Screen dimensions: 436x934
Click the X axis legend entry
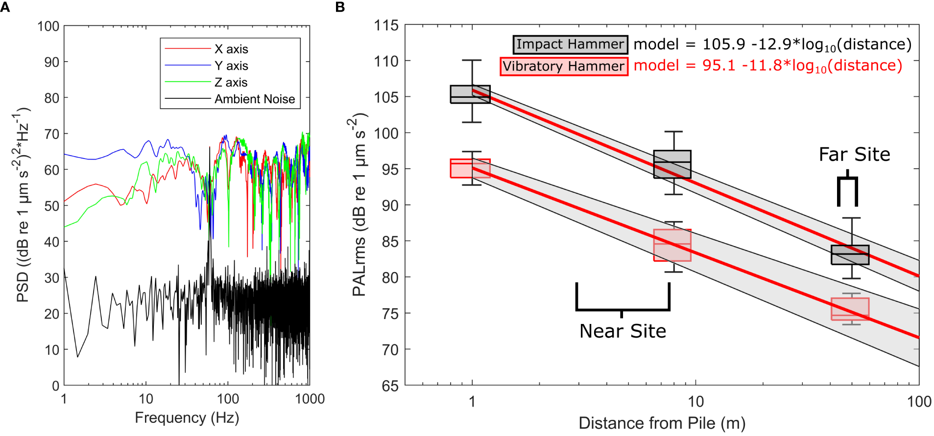tap(231, 49)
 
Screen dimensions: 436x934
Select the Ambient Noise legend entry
tap(254, 99)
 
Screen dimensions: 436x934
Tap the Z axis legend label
tap(231, 82)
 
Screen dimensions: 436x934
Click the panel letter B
tap(340, 7)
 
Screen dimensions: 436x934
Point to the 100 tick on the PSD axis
tap(48, 26)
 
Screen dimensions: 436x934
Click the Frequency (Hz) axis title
tap(187, 417)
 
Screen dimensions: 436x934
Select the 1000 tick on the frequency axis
tap(310, 399)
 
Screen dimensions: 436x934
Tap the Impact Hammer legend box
tap(570, 45)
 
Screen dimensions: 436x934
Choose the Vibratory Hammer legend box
tap(564, 66)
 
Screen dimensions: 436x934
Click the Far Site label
tap(854, 155)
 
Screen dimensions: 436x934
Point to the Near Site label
tap(623, 331)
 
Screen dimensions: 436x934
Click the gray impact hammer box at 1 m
tap(470, 94)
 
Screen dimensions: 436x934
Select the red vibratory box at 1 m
tap(470, 168)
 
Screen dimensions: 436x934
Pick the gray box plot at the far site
tap(850, 254)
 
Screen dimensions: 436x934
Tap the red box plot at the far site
tap(850, 309)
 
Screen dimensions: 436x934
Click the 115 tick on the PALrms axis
tap(386, 25)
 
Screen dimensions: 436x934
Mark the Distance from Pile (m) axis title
tap(662, 423)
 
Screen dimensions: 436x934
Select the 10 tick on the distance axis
tap(695, 402)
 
